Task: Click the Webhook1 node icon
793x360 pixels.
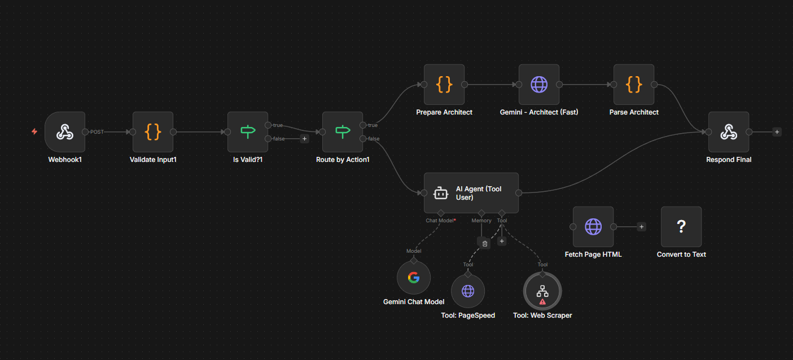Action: (64, 132)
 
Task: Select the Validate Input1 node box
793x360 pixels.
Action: (153, 132)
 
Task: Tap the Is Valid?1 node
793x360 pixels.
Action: (247, 132)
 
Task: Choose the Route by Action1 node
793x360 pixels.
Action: (342, 132)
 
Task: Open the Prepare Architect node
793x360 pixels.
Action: (444, 85)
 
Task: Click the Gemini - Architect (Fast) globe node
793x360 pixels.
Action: (539, 85)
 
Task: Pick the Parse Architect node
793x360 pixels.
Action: (634, 85)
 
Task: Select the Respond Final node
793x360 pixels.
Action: (729, 132)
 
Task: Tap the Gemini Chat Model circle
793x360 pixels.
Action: (414, 278)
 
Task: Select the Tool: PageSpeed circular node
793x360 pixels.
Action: (468, 291)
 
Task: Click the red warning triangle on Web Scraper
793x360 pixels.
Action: (542, 302)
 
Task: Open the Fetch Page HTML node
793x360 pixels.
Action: (593, 227)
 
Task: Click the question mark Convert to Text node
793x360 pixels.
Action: (681, 227)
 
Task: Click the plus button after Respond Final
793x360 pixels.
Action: (777, 132)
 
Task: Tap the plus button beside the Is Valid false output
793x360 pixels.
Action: (304, 138)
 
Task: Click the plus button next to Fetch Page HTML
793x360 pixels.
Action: (641, 227)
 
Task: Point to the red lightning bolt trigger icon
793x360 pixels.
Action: (34, 131)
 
